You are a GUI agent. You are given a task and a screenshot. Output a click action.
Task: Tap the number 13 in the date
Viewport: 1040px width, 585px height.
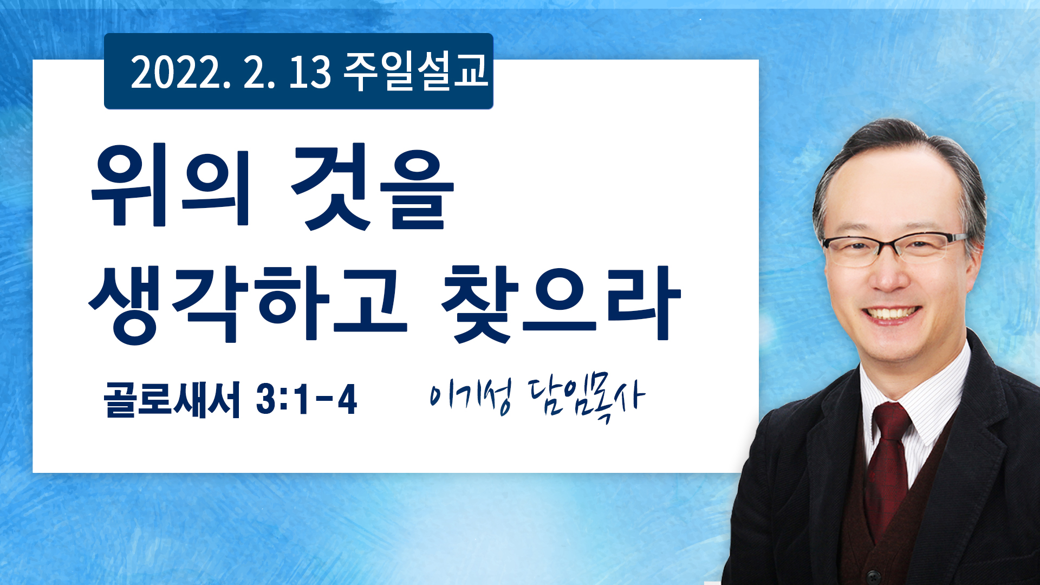pyautogui.click(x=310, y=72)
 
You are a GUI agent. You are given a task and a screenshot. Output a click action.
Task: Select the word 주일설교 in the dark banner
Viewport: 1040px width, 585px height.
pyautogui.click(x=416, y=71)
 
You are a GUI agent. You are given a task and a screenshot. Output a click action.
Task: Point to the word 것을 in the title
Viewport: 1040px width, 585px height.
pyautogui.click(x=373, y=186)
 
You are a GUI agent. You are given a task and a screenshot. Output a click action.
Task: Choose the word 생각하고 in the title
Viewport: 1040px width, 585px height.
pyautogui.click(x=248, y=303)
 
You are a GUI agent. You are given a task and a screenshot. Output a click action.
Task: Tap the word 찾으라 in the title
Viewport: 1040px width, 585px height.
pyautogui.click(x=561, y=303)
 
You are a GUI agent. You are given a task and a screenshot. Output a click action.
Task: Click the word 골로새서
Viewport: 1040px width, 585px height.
pyautogui.click(x=172, y=400)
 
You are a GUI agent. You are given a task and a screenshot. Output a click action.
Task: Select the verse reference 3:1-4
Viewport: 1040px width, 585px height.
pyautogui.click(x=307, y=399)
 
